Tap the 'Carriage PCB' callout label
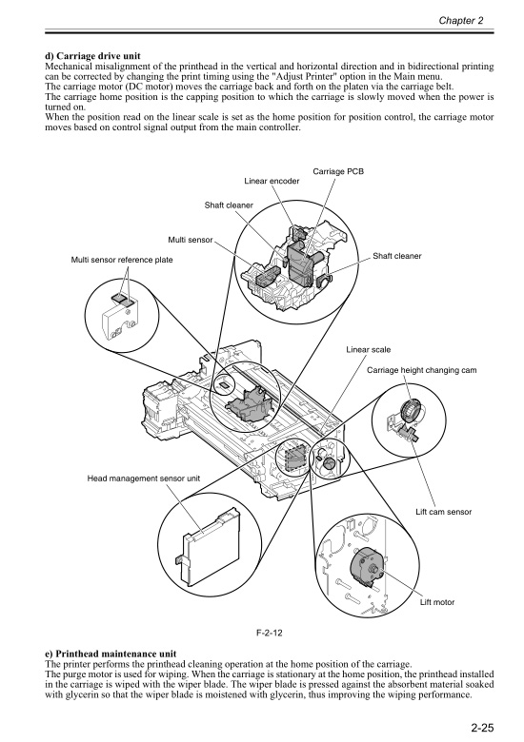click(x=338, y=170)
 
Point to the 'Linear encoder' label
click(x=272, y=181)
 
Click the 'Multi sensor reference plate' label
click(x=122, y=260)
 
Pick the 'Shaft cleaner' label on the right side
click(x=397, y=256)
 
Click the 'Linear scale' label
click(x=369, y=350)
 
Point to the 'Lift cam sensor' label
click(x=445, y=513)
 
